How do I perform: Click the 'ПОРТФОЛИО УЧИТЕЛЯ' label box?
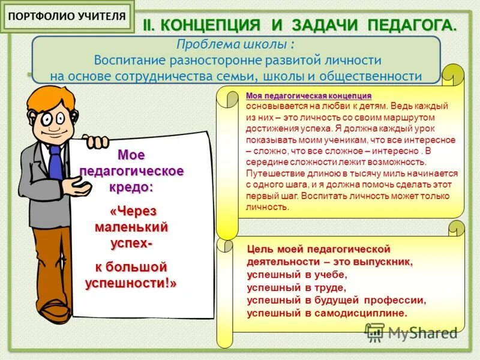click(x=68, y=16)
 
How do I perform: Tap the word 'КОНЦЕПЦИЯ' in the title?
click(x=211, y=26)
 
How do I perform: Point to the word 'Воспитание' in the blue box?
click(x=128, y=61)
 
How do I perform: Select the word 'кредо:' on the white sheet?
click(x=131, y=186)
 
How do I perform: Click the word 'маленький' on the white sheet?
click(x=131, y=227)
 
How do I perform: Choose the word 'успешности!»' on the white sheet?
click(x=131, y=283)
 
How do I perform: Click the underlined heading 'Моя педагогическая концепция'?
click(x=308, y=97)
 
